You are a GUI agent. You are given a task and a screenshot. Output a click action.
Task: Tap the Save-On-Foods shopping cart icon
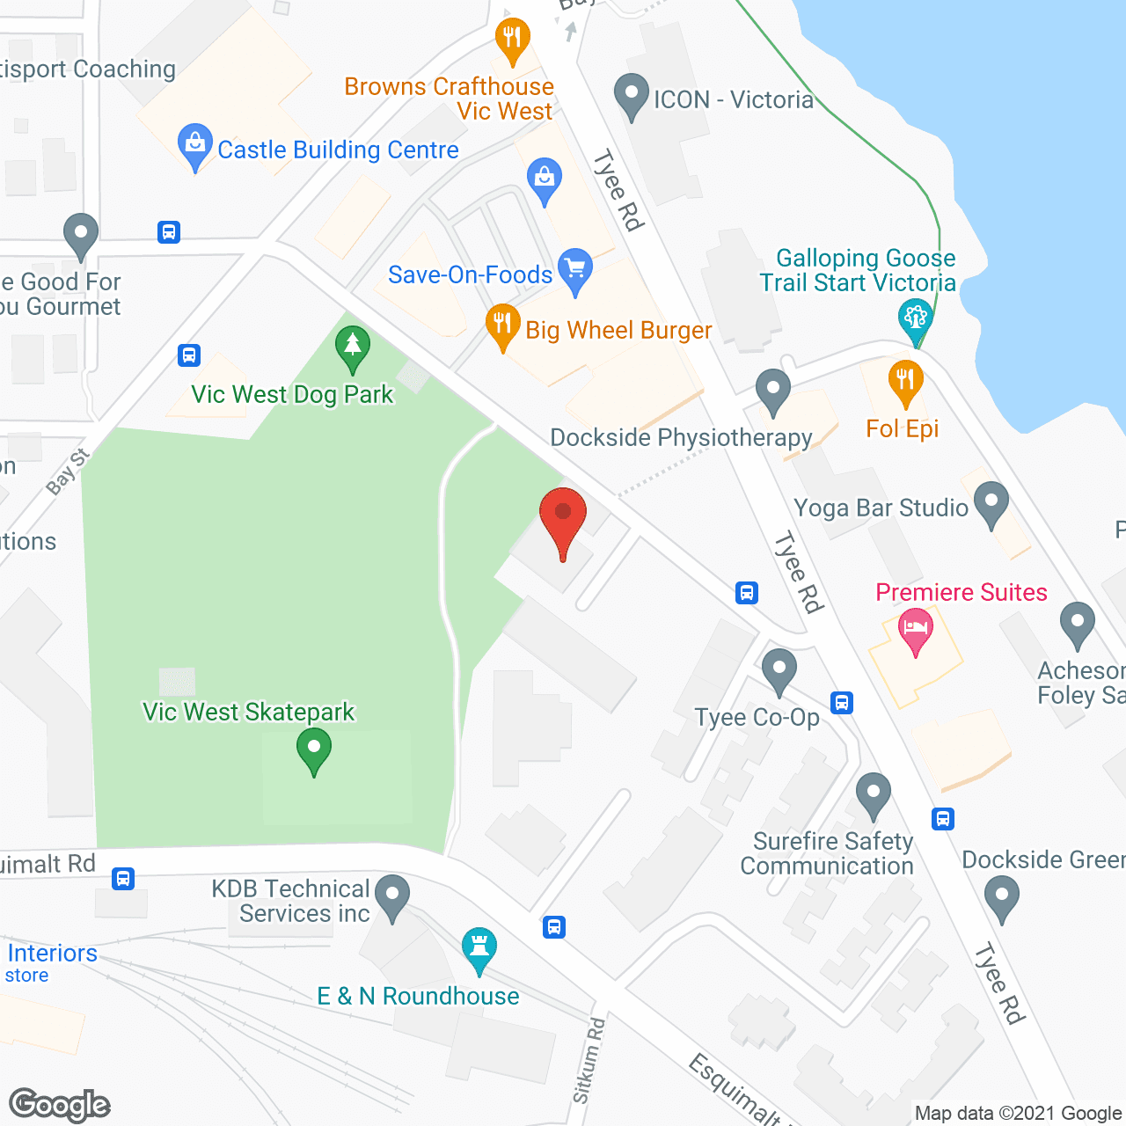click(x=575, y=267)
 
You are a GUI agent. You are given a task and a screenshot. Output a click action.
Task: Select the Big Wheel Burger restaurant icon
click(x=502, y=324)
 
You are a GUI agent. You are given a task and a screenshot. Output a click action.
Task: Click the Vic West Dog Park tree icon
click(x=352, y=345)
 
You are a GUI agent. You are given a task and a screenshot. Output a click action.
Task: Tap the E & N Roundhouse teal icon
click(x=479, y=948)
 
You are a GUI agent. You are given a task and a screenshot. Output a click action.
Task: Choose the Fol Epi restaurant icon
click(x=905, y=381)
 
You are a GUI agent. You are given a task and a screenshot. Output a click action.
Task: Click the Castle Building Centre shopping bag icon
click(x=194, y=144)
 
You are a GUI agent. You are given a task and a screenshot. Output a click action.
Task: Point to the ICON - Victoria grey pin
click(x=631, y=94)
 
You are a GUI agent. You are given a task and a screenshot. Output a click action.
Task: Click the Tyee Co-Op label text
click(x=757, y=718)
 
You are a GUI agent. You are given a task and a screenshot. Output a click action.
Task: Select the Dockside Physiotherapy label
click(x=681, y=438)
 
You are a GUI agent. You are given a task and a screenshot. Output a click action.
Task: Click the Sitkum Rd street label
click(x=589, y=1060)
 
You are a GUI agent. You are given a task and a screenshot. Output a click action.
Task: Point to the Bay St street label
click(x=68, y=472)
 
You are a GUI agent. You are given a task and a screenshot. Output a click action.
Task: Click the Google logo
click(x=60, y=1105)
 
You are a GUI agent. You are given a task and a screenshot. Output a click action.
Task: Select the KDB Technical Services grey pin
click(x=392, y=896)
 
